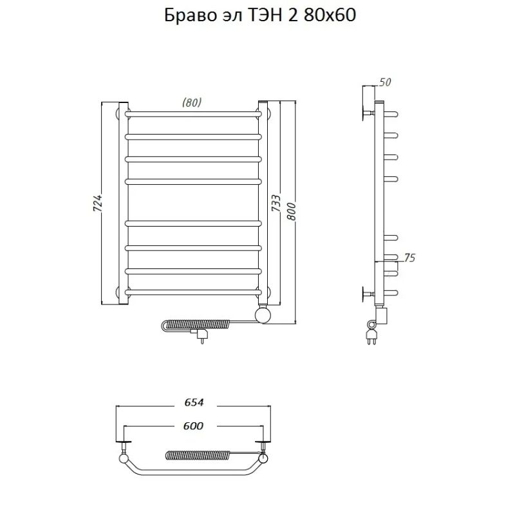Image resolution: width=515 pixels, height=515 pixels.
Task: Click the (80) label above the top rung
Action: pyautogui.click(x=192, y=102)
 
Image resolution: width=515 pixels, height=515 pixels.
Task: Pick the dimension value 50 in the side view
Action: pyautogui.click(x=386, y=82)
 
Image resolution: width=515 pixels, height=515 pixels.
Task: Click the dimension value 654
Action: pyautogui.click(x=194, y=402)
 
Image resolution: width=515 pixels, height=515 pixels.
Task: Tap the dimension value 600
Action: pyautogui.click(x=194, y=426)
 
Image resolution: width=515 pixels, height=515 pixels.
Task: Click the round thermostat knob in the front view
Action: pyautogui.click(x=263, y=315)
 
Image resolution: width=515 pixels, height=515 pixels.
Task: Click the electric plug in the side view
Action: pyautogui.click(x=371, y=335)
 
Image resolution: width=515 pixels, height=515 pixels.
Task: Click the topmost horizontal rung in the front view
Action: pyautogui.click(x=194, y=115)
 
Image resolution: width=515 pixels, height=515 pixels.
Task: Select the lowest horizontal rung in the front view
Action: pyautogui.click(x=194, y=292)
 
